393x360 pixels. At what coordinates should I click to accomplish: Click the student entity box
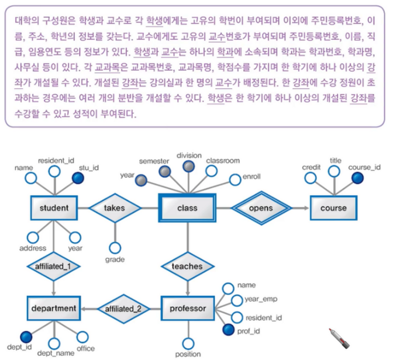point(54,207)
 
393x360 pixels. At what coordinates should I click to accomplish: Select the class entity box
point(187,207)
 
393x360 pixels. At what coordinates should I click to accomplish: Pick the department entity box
point(54,308)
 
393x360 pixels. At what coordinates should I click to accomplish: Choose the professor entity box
point(187,308)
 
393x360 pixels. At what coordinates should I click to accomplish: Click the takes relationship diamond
point(115,207)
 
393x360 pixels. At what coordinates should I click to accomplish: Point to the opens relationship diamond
point(261,207)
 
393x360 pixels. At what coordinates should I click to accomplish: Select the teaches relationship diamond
point(187,266)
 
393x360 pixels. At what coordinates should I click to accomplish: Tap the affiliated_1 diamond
point(54,266)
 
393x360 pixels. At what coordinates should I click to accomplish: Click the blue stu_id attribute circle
point(77,178)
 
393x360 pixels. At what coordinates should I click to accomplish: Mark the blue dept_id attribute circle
point(25,336)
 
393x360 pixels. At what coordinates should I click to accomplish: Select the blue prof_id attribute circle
point(229,331)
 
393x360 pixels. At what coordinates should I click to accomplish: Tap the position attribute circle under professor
point(187,344)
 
